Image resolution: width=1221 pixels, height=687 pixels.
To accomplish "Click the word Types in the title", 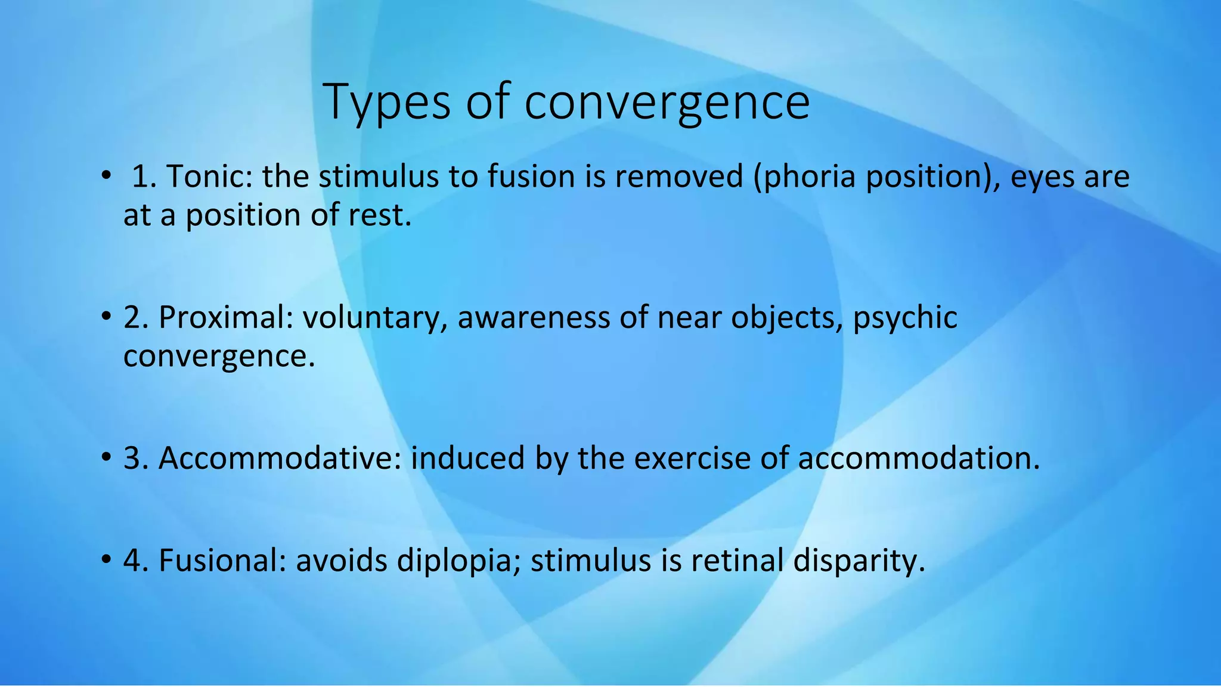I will point(386,101).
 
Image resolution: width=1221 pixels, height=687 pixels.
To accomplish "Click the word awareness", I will point(533,317).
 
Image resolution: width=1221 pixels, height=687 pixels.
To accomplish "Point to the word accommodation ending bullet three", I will point(918,459).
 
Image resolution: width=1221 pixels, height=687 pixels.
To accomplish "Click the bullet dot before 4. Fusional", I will point(106,560).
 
